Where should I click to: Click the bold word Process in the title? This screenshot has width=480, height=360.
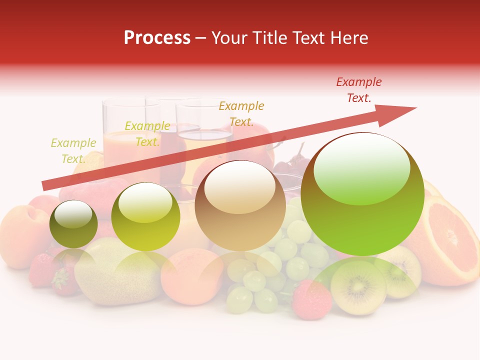click(x=157, y=37)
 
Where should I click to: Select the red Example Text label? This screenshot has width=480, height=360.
click(x=358, y=90)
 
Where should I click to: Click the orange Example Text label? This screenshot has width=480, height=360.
click(x=241, y=114)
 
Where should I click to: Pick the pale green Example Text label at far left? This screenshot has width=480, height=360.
click(x=73, y=151)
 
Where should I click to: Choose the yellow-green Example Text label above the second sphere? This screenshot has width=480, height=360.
click(x=147, y=134)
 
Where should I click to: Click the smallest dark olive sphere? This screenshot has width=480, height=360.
click(x=73, y=224)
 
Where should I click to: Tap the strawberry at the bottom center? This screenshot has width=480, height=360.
click(x=311, y=300)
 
